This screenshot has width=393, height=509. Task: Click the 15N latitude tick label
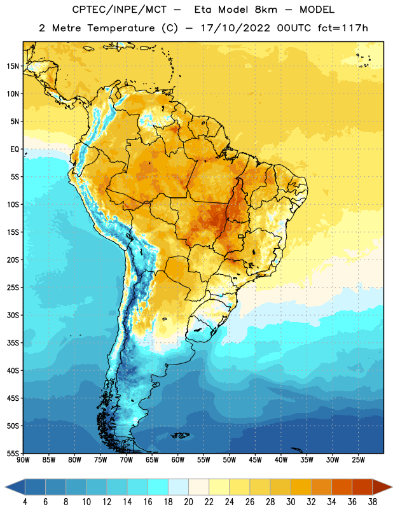pos(13,66)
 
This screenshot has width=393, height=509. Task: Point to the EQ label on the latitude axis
pos(15,150)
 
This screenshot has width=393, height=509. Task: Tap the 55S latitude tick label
pos(13,453)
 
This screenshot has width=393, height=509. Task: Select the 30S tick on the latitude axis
pos(13,315)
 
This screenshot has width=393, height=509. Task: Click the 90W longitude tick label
pos(23,460)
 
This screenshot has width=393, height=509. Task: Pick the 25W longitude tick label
pos(358,460)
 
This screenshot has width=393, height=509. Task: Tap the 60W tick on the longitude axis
pos(178,460)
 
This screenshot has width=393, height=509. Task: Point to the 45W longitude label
pos(255,460)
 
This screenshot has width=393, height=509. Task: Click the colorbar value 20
pos(188,502)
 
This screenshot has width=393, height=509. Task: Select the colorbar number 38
pos(372,502)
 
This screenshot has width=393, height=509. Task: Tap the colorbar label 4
pos(25,502)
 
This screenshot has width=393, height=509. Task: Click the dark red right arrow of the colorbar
pos(382,487)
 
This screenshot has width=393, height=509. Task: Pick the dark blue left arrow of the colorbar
pos(15,487)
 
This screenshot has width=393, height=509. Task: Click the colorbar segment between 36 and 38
pos(362,487)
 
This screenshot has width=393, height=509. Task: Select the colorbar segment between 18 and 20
pos(178,487)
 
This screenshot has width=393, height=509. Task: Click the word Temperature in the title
pos(121,28)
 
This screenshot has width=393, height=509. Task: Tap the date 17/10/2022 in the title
pos(235,28)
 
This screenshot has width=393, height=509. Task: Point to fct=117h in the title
pos(343,28)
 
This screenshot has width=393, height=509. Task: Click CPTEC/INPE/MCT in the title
pos(119,10)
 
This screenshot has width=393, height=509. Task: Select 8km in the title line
pos(266,10)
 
